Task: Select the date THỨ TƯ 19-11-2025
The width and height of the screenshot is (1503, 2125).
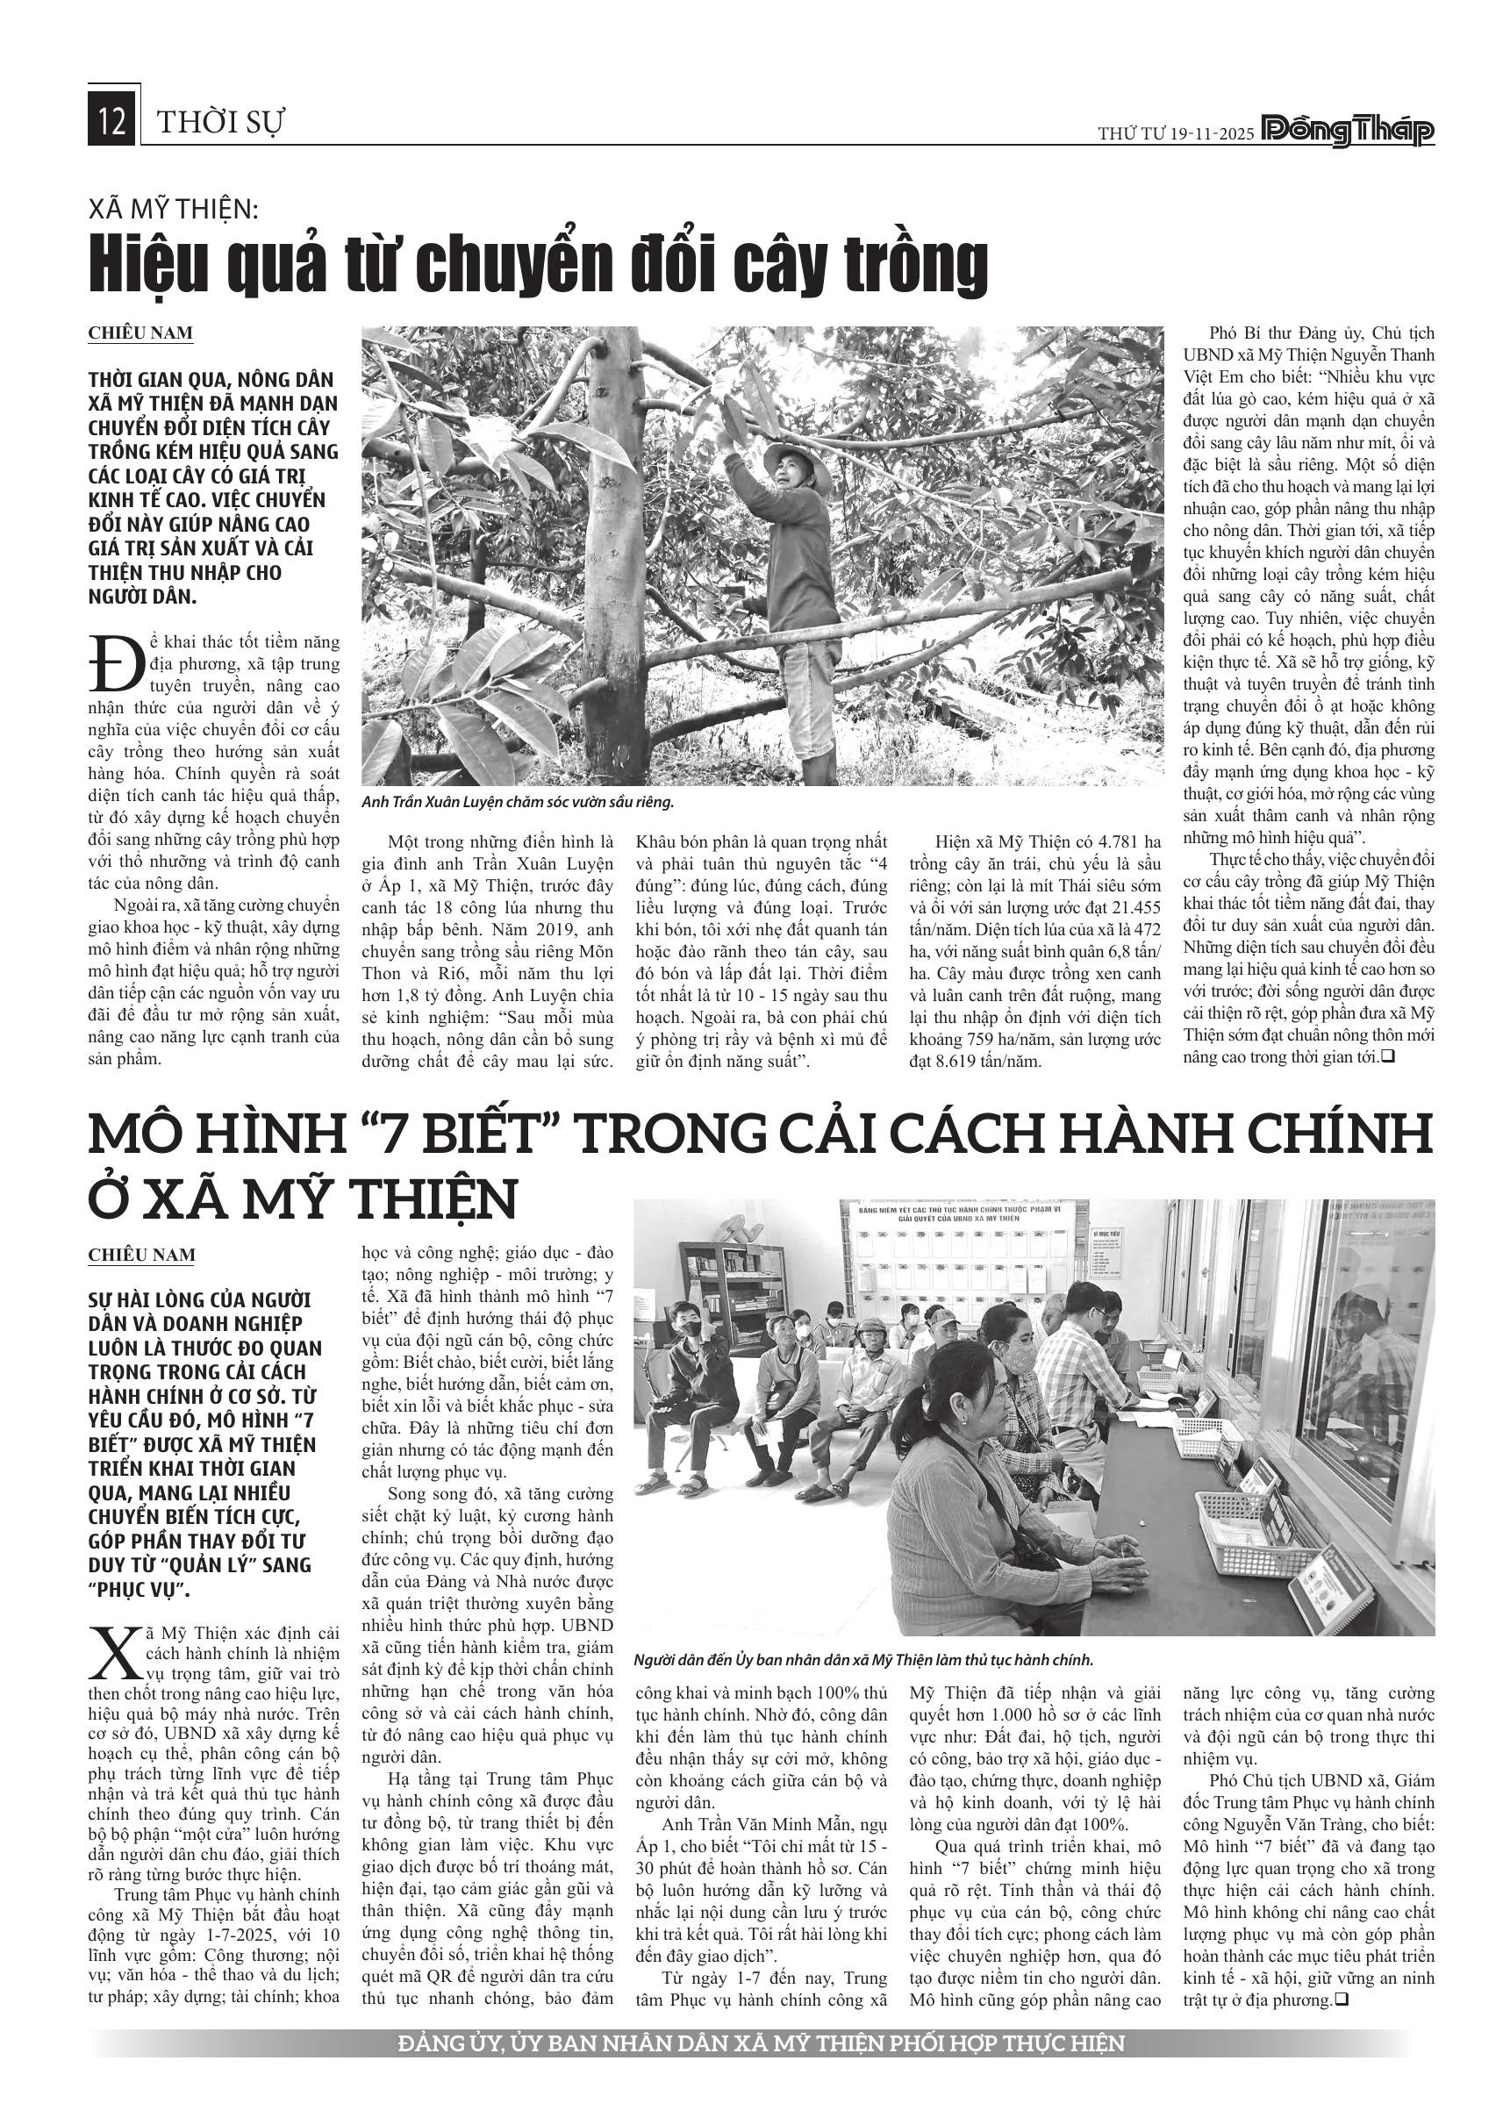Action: click(1176, 134)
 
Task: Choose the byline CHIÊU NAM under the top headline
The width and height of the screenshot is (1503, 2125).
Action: click(140, 333)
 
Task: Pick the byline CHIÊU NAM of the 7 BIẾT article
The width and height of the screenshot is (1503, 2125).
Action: click(141, 1255)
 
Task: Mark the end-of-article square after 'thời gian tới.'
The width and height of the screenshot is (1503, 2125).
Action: click(1386, 1056)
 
